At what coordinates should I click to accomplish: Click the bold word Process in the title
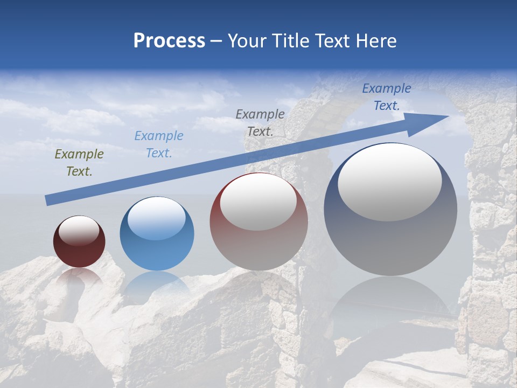169,40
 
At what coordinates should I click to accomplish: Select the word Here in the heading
376,40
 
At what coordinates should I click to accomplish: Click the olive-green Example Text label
79,163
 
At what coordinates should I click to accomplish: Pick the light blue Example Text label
158,144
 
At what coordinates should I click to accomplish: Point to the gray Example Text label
260,122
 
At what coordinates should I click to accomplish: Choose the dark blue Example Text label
386,97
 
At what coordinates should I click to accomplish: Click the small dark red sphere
79,241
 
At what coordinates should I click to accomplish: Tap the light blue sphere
157,234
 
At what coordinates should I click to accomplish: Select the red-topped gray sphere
258,222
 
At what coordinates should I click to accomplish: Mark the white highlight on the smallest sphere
79,230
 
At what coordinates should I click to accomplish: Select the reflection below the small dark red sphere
79,276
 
